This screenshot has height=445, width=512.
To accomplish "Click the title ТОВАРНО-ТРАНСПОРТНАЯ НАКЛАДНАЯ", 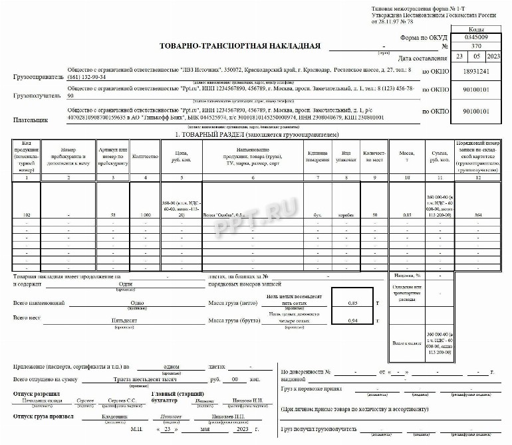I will coord(240,46).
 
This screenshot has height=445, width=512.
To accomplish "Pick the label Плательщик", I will coord(31,120).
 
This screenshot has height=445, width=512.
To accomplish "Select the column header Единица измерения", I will coord(318,157).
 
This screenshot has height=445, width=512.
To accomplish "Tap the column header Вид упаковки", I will coord(346,157).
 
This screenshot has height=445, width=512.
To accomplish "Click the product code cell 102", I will coord(27,215).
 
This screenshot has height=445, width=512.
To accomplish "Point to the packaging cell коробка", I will coord(346,215).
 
